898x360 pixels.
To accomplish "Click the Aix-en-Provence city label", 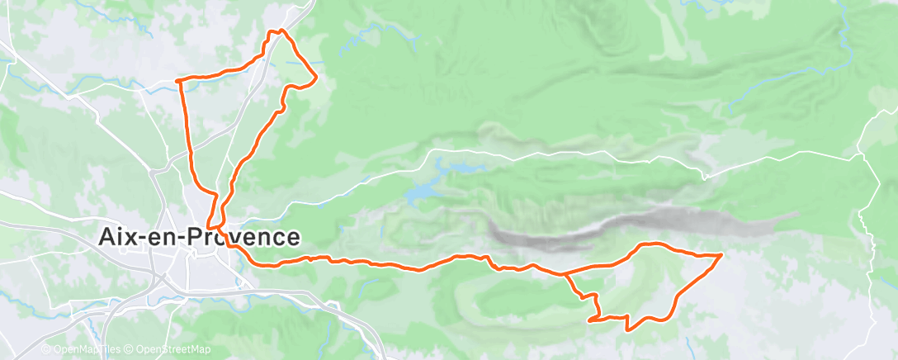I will [198, 237].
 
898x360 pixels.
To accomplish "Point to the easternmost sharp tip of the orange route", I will [722, 255].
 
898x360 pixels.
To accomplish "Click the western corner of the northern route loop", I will [178, 80].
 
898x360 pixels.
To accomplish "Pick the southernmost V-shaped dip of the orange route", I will [630, 329].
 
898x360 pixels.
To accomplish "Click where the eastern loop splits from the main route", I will [563, 273].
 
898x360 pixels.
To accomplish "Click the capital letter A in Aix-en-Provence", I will [107, 237].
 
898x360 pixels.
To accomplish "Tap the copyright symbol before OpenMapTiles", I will [46, 349].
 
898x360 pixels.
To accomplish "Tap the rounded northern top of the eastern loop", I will [652, 244].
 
